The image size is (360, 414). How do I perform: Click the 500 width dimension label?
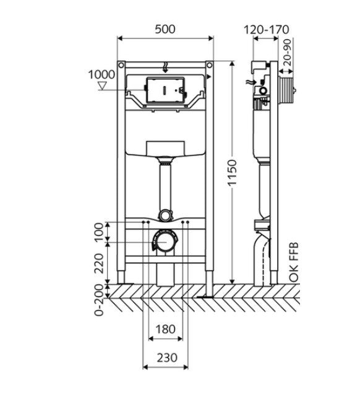[x=165, y=29]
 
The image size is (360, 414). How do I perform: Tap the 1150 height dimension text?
[x=233, y=173]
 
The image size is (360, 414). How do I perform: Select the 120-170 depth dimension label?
[x=266, y=30]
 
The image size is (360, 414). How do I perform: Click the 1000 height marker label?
[x=101, y=75]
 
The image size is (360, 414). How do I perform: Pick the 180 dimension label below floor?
[x=166, y=329]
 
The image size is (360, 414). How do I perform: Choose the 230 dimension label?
[x=167, y=358]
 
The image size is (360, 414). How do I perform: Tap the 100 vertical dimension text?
[x=99, y=232]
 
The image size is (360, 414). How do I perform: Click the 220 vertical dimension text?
[x=99, y=263]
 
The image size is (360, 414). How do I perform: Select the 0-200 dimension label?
[x=99, y=300]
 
